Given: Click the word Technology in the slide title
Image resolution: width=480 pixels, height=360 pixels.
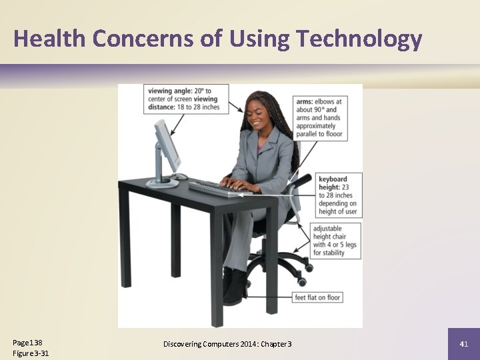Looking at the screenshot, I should tap(359, 39).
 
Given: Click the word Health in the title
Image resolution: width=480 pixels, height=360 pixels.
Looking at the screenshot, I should tap(50, 39).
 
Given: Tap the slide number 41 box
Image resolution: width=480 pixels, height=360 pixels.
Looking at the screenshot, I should tap(464, 344).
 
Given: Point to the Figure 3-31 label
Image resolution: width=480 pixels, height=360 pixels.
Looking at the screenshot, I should tap(31, 353).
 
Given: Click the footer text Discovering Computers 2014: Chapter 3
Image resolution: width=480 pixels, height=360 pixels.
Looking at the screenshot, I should tap(227, 344).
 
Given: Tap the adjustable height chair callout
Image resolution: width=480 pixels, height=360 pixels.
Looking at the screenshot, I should tap(335, 241).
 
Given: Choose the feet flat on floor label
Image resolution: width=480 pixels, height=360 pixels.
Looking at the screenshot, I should tap(317, 297).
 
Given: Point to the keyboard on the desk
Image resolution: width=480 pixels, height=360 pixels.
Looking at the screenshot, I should tap(221, 189).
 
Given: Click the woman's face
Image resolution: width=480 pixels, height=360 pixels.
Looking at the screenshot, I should tap(257, 119).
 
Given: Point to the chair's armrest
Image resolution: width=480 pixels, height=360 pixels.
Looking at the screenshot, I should tap(298, 181).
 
